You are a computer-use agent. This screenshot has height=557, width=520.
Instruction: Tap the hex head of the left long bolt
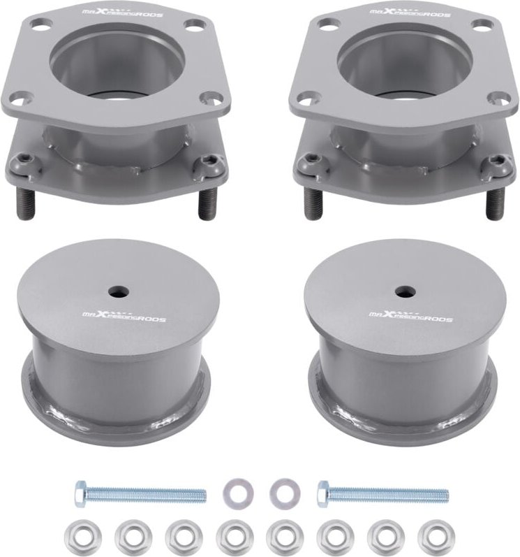click(x=80, y=494)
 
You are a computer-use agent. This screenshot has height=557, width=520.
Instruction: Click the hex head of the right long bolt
click(x=322, y=494)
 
